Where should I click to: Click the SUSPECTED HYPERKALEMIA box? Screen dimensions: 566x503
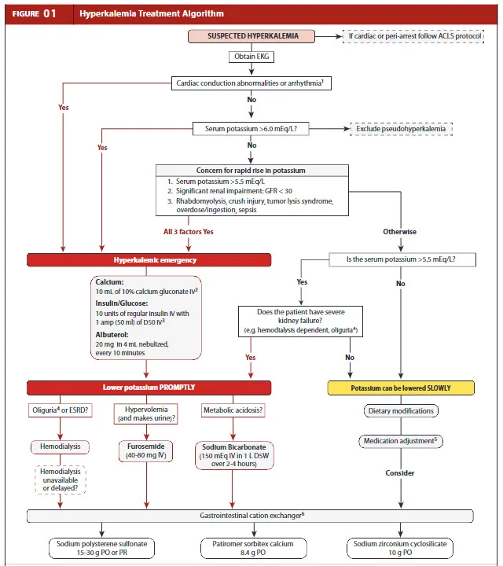click(251, 36)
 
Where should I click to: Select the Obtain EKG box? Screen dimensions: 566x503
click(251, 57)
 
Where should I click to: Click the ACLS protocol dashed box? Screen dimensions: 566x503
click(413, 36)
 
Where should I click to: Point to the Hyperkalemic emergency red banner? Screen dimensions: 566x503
click(149, 259)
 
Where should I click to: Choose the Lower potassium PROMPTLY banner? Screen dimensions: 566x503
click(149, 388)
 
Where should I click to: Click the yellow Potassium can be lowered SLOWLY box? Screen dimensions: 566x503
click(401, 388)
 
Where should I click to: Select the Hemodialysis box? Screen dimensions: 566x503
click(57, 447)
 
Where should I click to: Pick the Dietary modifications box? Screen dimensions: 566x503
click(401, 410)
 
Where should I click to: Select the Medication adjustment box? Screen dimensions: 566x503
click(401, 441)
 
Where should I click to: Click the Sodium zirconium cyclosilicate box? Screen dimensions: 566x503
click(401, 548)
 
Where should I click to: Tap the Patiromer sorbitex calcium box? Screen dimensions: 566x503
click(251, 548)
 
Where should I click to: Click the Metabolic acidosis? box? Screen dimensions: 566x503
click(233, 410)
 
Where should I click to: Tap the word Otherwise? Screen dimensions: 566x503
click(399, 232)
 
